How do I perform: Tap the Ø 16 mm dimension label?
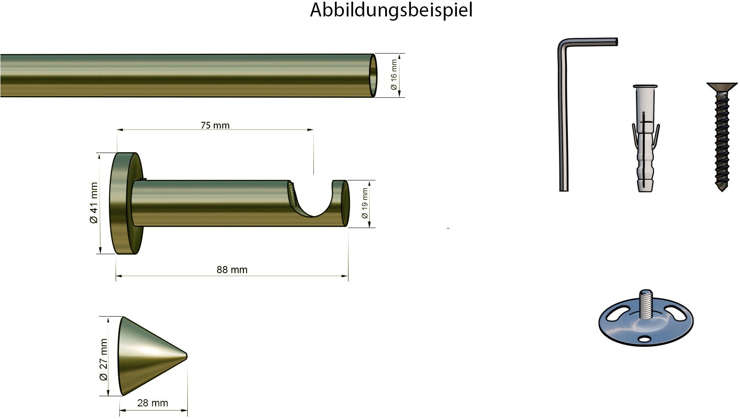click(394, 75)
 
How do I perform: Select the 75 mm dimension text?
click(215, 125)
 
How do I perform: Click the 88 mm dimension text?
click(232, 270)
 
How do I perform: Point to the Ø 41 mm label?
click(94, 203)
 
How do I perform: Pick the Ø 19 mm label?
click(365, 204)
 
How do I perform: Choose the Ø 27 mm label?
click(104, 360)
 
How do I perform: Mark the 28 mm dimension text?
click(153, 403)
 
